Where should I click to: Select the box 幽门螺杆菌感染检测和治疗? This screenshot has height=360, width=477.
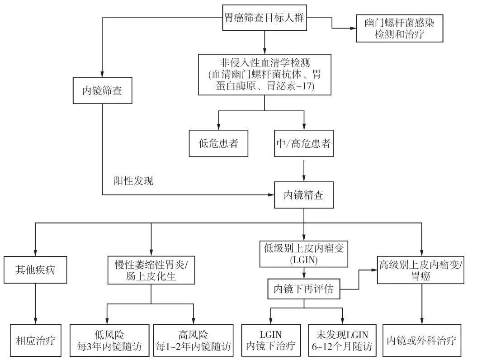[399, 28]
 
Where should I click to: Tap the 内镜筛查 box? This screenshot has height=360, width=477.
[102, 90]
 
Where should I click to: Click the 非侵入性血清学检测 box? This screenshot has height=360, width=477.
[264, 74]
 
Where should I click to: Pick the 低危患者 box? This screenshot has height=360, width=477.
[218, 144]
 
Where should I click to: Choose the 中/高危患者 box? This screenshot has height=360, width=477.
[303, 144]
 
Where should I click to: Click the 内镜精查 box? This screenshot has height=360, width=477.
[303, 195]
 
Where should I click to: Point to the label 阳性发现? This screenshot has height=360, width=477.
[133, 181]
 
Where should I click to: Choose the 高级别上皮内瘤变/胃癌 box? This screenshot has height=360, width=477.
[421, 270]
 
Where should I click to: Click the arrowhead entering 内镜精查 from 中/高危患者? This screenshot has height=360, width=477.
[303, 180]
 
